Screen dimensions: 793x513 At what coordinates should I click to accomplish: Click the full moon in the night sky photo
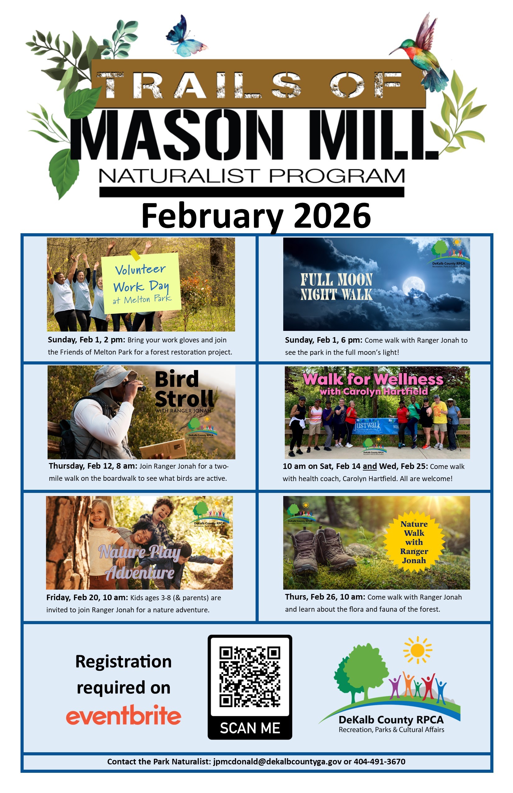(414, 286)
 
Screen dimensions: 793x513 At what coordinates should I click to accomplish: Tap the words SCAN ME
(250, 728)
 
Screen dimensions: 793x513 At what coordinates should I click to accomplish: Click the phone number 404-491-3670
(379, 761)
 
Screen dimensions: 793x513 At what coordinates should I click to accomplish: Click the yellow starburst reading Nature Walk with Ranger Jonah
(414, 542)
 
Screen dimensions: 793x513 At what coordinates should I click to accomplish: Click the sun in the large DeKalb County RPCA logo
(417, 650)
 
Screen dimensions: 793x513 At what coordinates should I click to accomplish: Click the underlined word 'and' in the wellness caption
(369, 466)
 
